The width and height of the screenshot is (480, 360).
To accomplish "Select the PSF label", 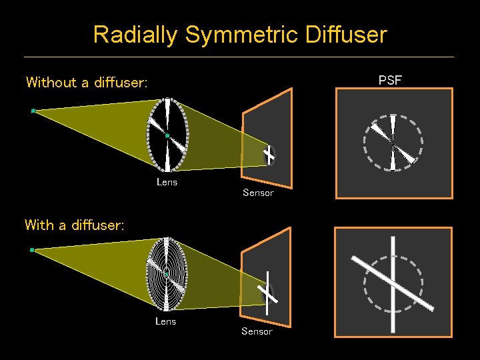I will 390,81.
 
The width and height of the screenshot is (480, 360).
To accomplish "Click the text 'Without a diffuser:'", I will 87,83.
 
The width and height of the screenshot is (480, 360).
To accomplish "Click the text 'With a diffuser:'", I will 74,225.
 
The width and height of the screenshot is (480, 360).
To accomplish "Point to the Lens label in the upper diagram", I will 167,181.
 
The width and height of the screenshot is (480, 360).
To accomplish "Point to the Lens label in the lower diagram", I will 165,321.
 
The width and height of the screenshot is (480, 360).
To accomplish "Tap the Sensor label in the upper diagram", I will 258,193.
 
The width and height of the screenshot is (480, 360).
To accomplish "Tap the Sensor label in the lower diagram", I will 257,331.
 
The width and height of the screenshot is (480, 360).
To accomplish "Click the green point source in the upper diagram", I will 33,111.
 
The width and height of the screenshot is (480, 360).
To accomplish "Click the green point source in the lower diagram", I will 32,250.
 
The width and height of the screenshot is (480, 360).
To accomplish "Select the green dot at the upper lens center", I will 167,136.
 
